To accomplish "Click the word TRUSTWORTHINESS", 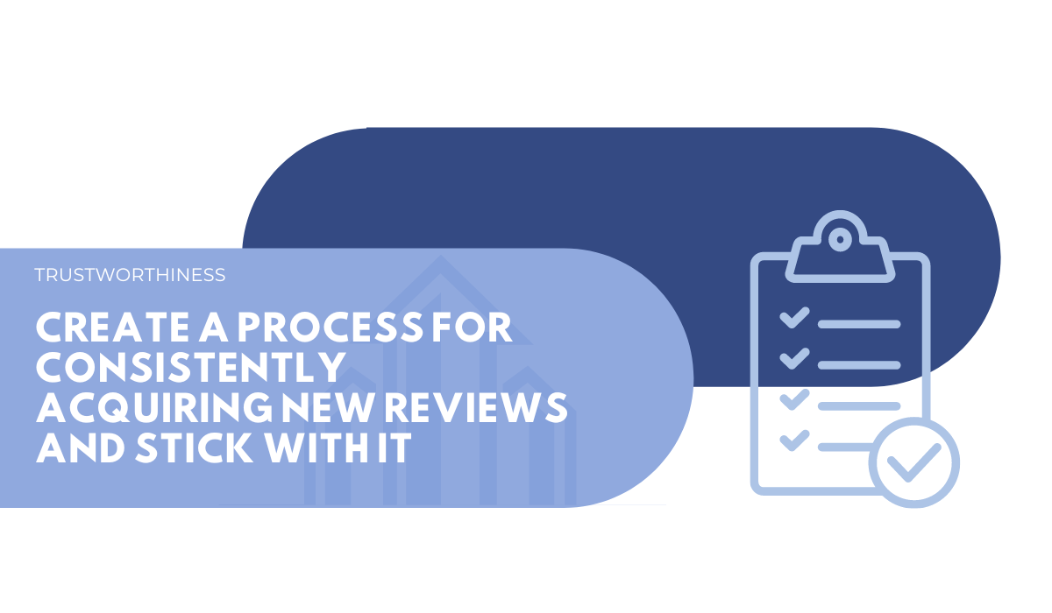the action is point(130,275).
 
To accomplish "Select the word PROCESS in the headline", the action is point(331,328).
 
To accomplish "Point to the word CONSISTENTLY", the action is point(191,368).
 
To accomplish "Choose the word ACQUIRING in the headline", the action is point(154,408).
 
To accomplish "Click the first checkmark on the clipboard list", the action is point(794,318).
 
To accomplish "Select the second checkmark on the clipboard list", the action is point(794,359).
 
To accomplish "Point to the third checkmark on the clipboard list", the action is point(794,400).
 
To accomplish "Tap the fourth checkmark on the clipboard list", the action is point(794,440).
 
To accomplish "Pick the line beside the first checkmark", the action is point(859,324).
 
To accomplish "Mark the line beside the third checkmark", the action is point(859,406).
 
